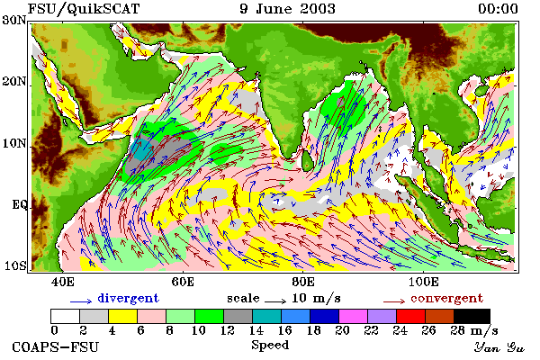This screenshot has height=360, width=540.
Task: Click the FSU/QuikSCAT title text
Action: (x=84, y=9)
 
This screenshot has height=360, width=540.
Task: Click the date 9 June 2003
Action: (x=287, y=9)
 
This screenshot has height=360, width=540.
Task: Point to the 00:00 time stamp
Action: (x=498, y=9)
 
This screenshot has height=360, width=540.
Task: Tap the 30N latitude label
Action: (x=14, y=20)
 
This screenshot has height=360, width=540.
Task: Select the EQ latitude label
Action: (x=19, y=204)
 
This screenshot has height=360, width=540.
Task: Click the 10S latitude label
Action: (x=14, y=266)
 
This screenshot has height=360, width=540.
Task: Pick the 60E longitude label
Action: (x=183, y=282)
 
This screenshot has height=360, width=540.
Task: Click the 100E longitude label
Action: (x=424, y=282)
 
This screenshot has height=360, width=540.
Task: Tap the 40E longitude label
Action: (x=63, y=282)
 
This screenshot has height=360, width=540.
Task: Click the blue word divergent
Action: (x=128, y=298)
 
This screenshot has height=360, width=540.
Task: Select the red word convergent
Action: (x=446, y=298)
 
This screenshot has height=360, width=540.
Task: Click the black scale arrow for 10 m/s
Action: (x=275, y=301)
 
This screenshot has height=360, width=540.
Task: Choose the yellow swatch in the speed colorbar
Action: (x=122, y=316)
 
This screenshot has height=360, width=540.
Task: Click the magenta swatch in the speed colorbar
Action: (x=353, y=316)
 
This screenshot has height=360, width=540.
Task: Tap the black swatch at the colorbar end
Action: (x=472, y=316)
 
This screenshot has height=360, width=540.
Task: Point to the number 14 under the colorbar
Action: (x=256, y=330)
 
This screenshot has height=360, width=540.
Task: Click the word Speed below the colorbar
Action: (x=270, y=346)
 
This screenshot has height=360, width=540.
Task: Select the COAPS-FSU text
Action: (x=56, y=346)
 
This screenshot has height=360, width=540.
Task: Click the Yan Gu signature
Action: (x=499, y=347)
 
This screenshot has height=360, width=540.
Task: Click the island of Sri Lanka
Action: (x=307, y=160)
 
